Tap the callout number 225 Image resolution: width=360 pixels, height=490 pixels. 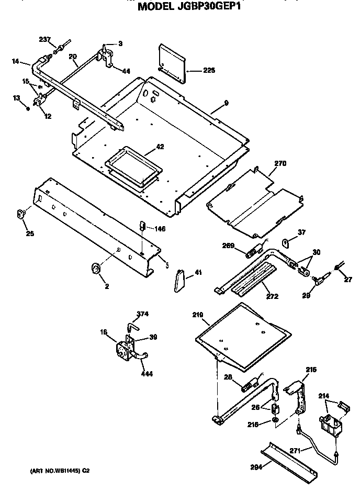coord(209,70)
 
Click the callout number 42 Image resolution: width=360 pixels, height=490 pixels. coord(160,147)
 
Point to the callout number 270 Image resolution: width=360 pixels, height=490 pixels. coord(280,164)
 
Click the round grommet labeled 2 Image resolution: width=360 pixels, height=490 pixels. coord(96,269)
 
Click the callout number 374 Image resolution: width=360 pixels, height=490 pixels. coord(143,315)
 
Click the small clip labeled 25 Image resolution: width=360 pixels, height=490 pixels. coord(21,214)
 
